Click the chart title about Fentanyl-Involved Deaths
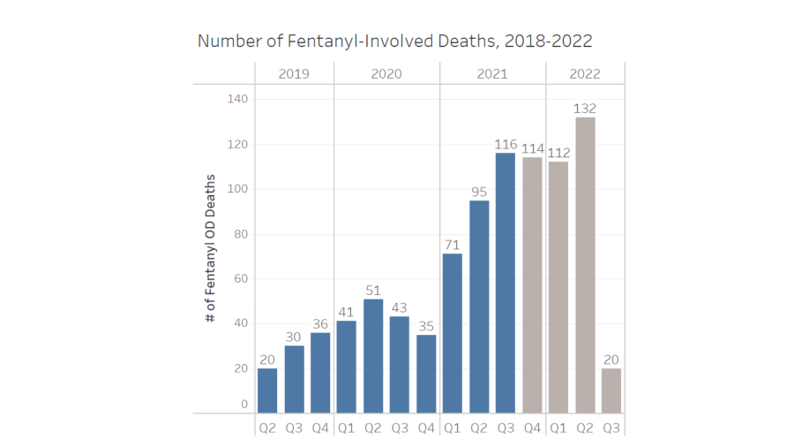[x=394, y=42]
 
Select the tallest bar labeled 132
[x=585, y=265]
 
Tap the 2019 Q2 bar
[x=267, y=390]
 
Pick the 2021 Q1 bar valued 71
[x=452, y=333]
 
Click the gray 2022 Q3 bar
[x=611, y=390]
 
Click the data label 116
[x=506, y=143]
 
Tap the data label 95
[x=479, y=191]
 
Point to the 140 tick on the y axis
[x=237, y=99]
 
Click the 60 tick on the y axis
[x=241, y=279]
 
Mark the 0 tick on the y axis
[x=244, y=405]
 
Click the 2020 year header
[x=386, y=74]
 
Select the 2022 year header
[x=585, y=74]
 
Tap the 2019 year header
[x=294, y=74]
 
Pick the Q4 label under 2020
[x=426, y=428]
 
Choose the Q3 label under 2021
[x=506, y=428]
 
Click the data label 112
[x=558, y=152]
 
